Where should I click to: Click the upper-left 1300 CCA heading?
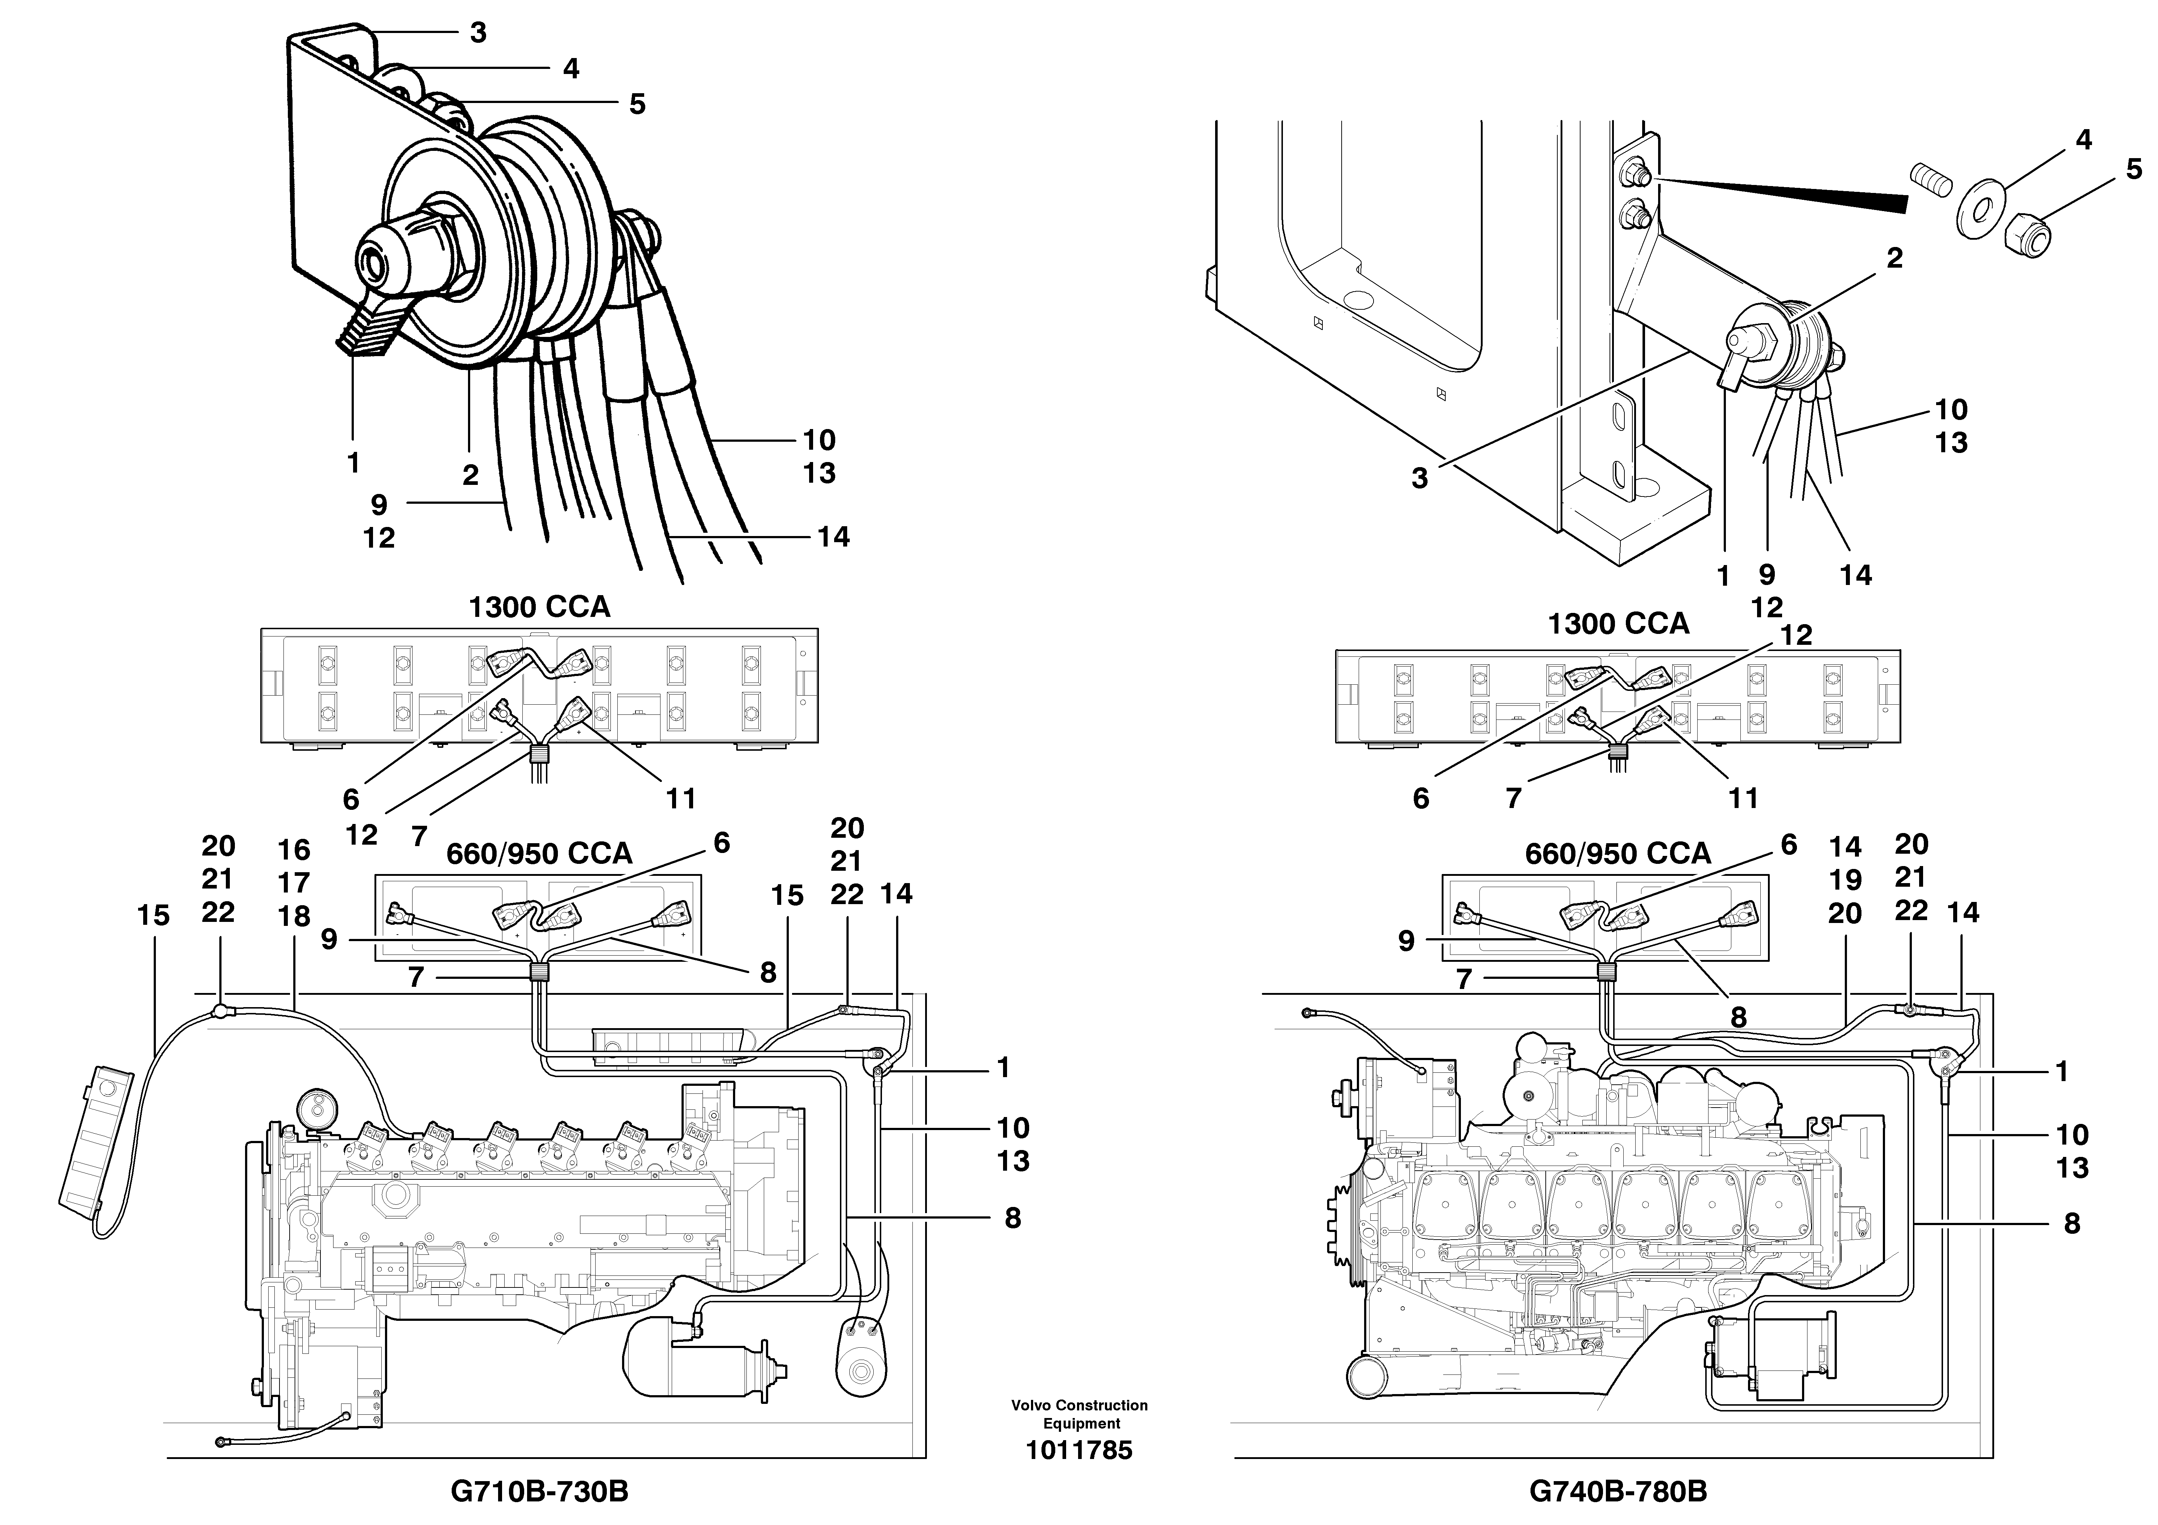coord(539,607)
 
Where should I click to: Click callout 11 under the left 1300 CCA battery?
coord(680,799)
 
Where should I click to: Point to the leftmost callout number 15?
coord(153,916)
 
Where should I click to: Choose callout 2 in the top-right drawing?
coord(1894,259)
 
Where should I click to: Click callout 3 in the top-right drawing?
coord(1419,479)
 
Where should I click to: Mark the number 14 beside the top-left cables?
coord(833,537)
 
